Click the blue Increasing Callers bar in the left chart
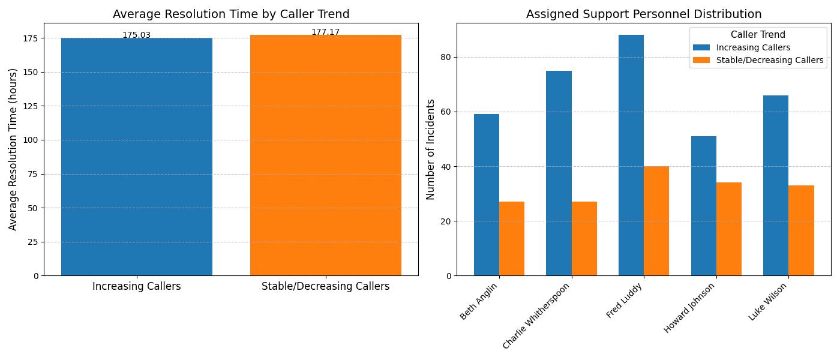137,157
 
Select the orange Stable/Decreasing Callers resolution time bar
325,155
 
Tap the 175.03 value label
137,35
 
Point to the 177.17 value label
325,32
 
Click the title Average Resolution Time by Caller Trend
231,14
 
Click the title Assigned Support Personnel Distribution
643,14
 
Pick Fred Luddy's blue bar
631,155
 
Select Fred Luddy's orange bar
656,221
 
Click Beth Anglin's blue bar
487,195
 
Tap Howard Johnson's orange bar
729,229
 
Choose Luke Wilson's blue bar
776,185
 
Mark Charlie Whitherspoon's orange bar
584,239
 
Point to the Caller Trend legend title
758,35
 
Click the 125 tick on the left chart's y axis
31,106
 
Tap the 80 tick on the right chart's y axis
446,58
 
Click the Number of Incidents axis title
430,149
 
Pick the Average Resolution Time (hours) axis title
13,149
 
